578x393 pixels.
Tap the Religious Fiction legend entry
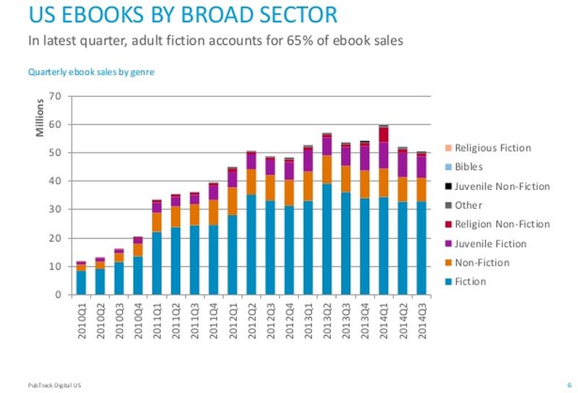(493, 148)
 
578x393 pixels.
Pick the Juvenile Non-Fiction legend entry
(502, 186)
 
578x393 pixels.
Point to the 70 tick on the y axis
(55, 96)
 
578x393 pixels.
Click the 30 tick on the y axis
(55, 210)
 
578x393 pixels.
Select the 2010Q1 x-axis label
(81, 316)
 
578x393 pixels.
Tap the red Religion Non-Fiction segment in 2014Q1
(384, 135)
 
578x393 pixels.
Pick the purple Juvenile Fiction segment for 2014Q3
(421, 167)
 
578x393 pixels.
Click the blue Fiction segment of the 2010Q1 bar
(81, 282)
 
